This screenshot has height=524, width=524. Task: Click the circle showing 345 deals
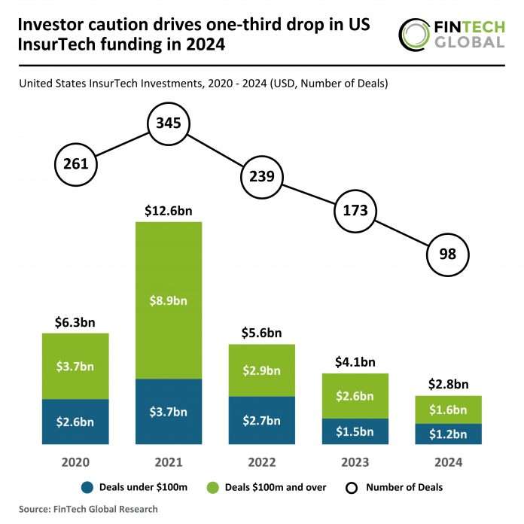(x=169, y=123)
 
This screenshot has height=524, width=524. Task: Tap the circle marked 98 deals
(x=447, y=254)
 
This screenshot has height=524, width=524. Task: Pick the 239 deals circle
(x=261, y=177)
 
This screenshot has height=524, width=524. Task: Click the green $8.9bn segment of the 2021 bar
(x=169, y=300)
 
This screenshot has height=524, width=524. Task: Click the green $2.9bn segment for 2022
(x=261, y=370)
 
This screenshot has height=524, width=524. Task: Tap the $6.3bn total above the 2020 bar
(x=75, y=321)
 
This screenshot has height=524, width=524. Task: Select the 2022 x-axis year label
(x=261, y=461)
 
